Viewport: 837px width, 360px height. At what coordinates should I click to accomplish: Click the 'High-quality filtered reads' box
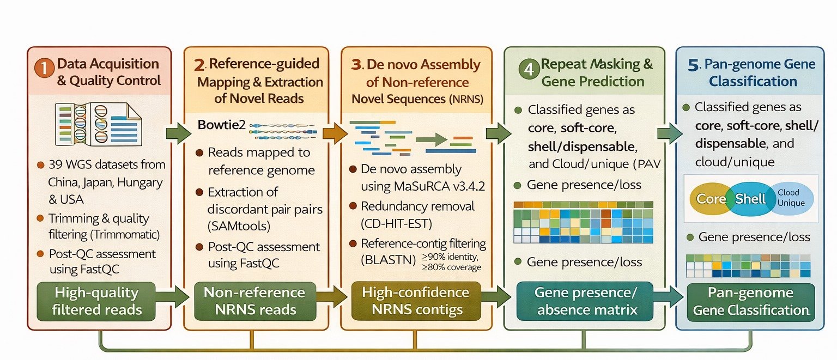click(97, 301)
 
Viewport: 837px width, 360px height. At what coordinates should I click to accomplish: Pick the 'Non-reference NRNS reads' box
click(254, 301)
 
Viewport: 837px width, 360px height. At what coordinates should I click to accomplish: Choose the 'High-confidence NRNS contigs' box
click(415, 301)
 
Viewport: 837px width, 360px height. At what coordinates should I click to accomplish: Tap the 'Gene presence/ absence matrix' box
click(584, 301)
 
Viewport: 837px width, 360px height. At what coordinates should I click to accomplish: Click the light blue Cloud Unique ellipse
click(788, 198)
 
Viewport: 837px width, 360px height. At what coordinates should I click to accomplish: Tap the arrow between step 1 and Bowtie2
click(179, 133)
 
